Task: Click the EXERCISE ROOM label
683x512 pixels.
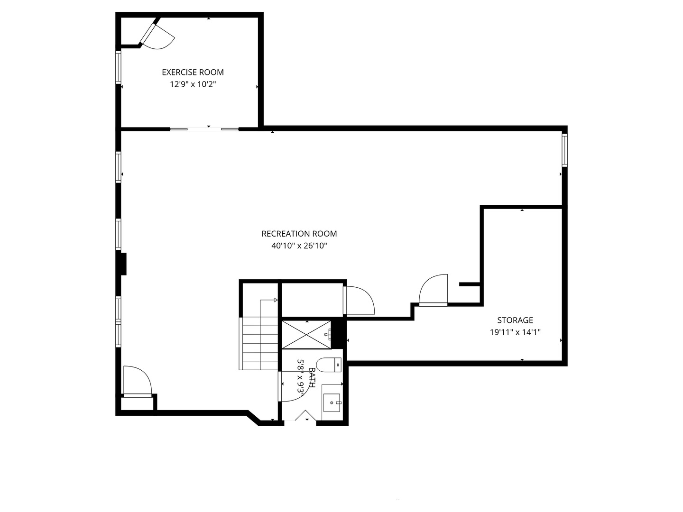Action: tap(193, 72)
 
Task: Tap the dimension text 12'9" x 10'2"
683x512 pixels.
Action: tap(193, 84)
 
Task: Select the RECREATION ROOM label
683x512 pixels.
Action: tap(299, 233)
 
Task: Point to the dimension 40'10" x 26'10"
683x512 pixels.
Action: tap(299, 246)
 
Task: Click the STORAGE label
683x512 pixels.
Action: tap(515, 320)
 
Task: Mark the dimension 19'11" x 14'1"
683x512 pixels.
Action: tap(515, 332)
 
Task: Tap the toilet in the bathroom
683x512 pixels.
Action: tap(329, 365)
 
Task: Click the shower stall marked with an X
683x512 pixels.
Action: tap(306, 334)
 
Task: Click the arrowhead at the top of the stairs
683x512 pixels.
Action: tap(276, 300)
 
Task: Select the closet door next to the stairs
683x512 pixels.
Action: tap(359, 300)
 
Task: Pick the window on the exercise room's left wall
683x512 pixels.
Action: tap(118, 67)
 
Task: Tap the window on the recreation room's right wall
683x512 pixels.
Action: tap(564, 150)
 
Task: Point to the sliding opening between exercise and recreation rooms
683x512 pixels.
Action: tap(204, 129)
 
